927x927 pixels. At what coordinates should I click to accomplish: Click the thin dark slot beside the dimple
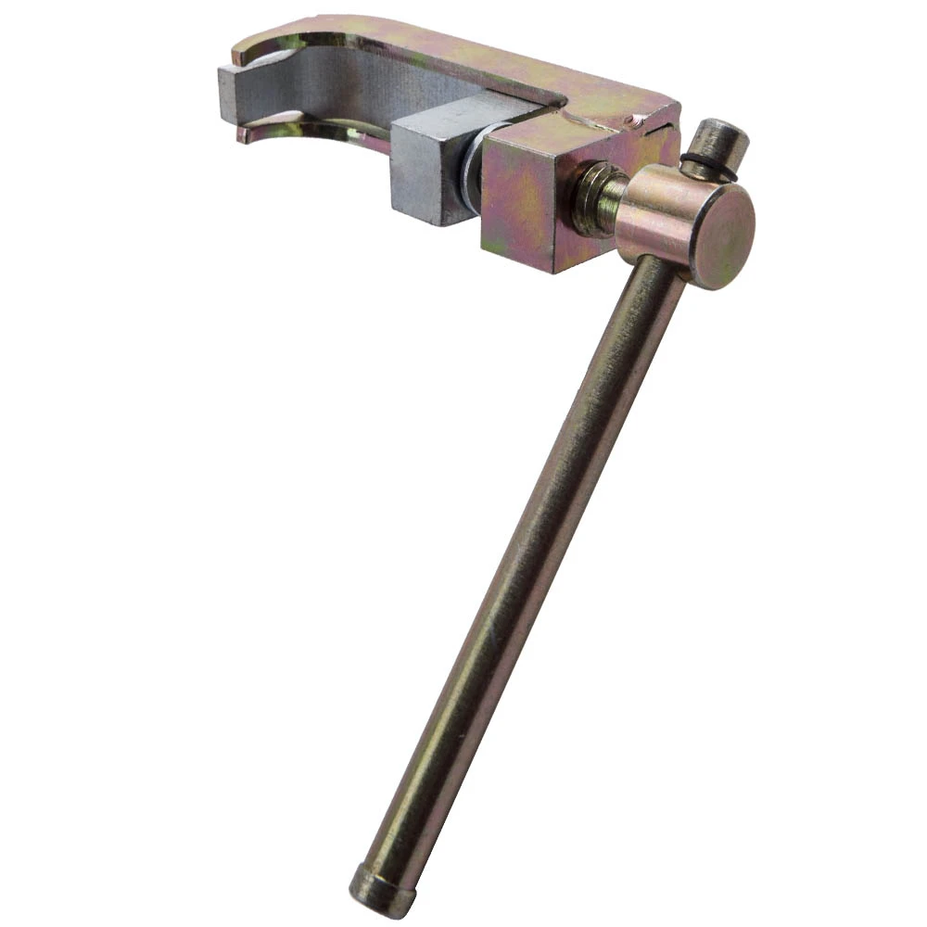pyautogui.click(x=657, y=130)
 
